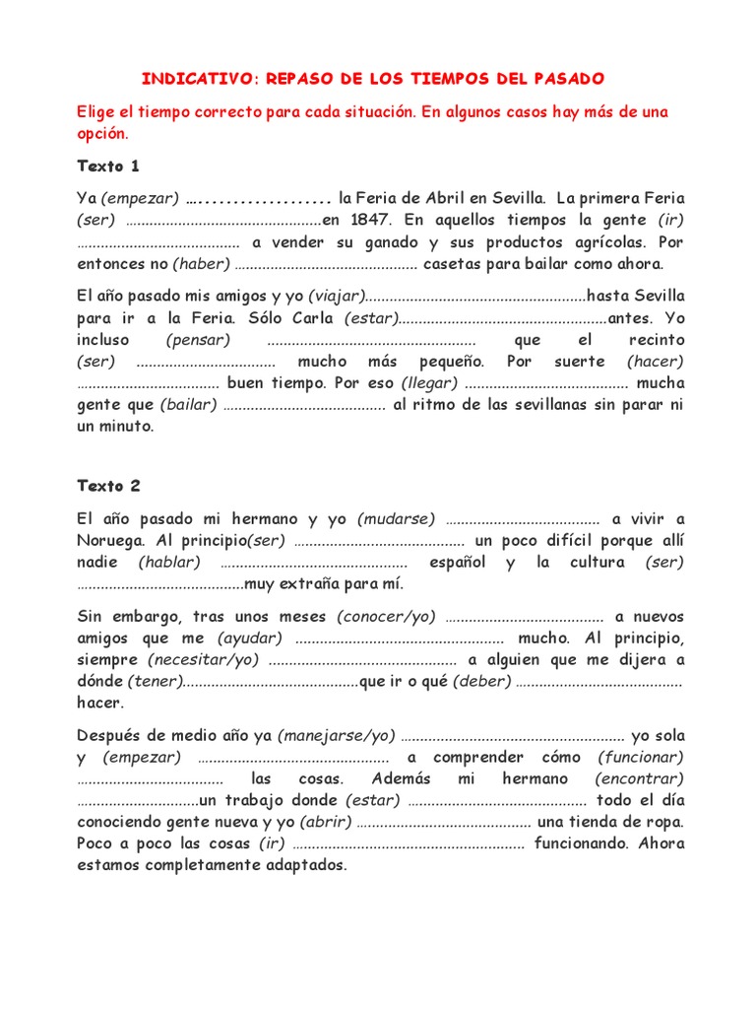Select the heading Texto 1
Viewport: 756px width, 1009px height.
(x=108, y=166)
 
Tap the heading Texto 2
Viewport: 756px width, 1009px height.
(x=108, y=486)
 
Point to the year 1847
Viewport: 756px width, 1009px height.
(x=371, y=220)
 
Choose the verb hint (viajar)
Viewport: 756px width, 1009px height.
(x=336, y=296)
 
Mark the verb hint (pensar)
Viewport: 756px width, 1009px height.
(x=198, y=340)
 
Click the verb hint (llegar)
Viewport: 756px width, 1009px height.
(x=427, y=383)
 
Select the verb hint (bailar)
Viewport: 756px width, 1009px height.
(x=187, y=405)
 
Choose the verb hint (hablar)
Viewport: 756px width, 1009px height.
(x=169, y=562)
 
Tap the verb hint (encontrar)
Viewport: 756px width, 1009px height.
(x=640, y=778)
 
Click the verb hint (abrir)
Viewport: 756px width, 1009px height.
(x=325, y=822)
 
